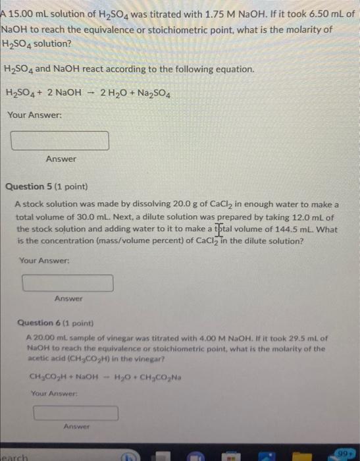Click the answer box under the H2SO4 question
click(60, 141)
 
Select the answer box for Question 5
click(68, 283)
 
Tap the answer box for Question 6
click(76, 413)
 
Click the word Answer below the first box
click(61, 159)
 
